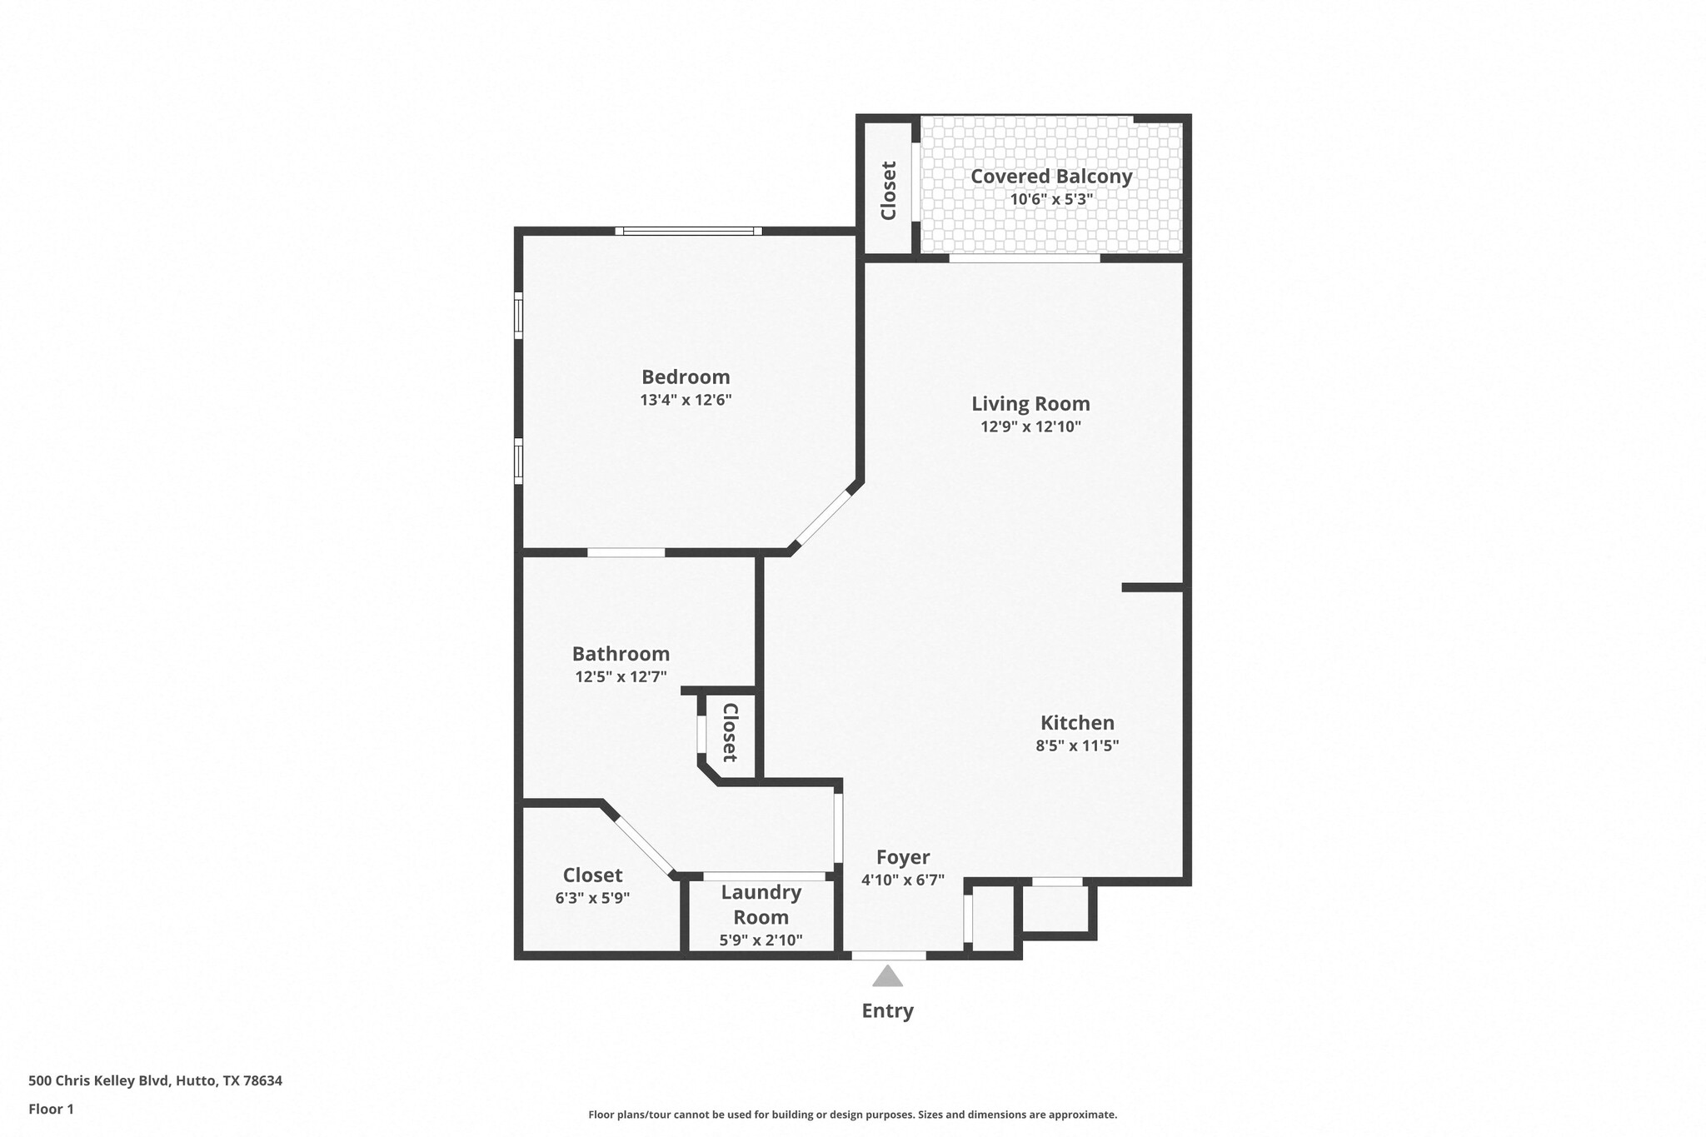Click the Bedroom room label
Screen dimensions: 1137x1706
[x=685, y=377]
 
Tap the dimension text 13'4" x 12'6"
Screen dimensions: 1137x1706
[x=685, y=400]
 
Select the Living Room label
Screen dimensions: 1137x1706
[x=1030, y=404]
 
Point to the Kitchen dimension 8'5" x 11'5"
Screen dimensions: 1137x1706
[x=1076, y=746]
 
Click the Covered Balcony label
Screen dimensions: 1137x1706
[x=1051, y=177]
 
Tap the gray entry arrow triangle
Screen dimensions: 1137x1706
[x=887, y=976]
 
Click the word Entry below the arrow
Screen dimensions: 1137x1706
[x=887, y=1010]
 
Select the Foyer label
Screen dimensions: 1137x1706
[x=903, y=857]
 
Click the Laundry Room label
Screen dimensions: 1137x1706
[x=761, y=905]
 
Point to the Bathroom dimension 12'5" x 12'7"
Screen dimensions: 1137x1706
[x=621, y=677]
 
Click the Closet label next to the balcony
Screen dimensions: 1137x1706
[x=888, y=190]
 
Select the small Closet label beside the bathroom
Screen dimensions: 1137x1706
[x=730, y=733]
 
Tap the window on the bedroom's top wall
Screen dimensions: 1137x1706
[x=688, y=231]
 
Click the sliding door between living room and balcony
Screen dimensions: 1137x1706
[x=1024, y=259]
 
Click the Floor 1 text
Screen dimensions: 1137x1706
[x=51, y=1109]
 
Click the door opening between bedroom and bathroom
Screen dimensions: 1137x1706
[x=626, y=552]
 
